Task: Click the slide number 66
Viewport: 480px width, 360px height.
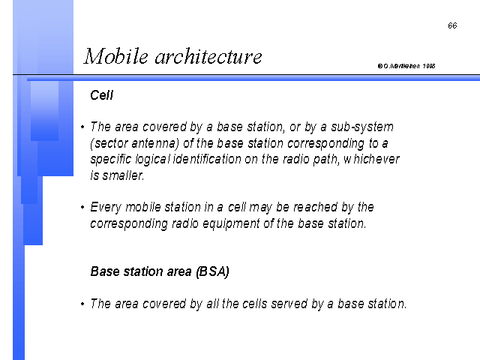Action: (x=452, y=25)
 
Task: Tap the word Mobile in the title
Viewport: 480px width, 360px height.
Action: (x=116, y=56)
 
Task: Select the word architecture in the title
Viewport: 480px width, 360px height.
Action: (x=208, y=57)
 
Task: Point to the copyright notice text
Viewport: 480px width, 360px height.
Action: (x=406, y=66)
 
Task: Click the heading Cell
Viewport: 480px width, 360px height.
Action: (x=102, y=95)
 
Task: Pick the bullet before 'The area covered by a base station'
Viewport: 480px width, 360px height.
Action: (x=82, y=127)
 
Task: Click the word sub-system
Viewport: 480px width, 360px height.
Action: (x=362, y=127)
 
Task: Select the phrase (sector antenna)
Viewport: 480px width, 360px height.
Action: (x=134, y=143)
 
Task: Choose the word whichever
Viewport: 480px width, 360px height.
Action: (x=371, y=159)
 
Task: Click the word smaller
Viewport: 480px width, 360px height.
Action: (x=123, y=175)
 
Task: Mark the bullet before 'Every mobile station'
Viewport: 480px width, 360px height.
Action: (x=82, y=207)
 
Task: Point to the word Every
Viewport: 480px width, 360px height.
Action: (x=106, y=208)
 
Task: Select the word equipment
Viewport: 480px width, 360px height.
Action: (x=231, y=223)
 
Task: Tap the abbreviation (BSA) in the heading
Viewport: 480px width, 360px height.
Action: (x=212, y=271)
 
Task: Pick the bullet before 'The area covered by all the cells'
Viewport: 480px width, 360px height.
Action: (x=82, y=304)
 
